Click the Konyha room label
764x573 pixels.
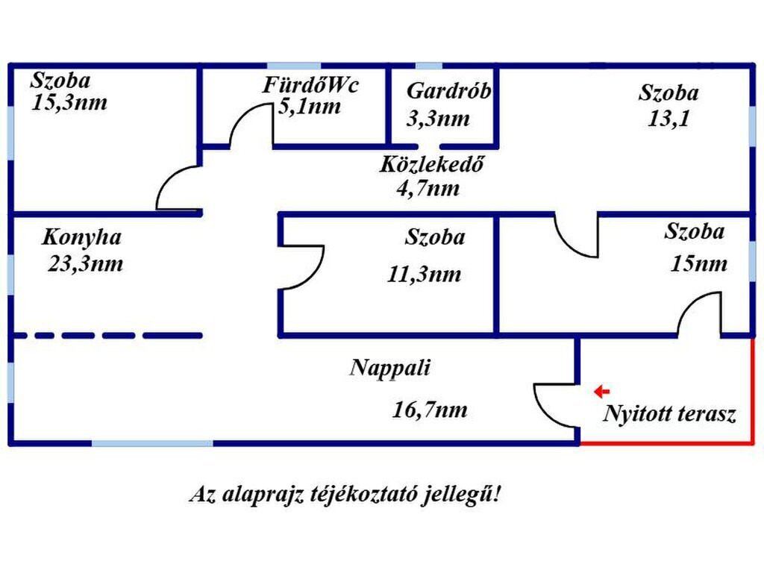pos(81,238)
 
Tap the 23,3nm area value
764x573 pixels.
pos(86,264)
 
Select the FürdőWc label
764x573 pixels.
pos(310,85)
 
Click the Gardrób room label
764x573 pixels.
pos(448,90)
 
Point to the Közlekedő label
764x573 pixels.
pos(432,164)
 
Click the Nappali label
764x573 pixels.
pos(390,369)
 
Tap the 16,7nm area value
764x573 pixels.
pos(430,410)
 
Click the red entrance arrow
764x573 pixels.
pos(602,391)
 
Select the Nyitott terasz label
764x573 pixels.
pos(669,414)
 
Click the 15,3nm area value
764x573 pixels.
pos(69,103)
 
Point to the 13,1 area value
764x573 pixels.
pos(668,119)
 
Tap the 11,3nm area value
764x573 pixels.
pos(425,275)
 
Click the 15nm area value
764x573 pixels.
pos(698,263)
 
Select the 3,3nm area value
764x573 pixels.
pos(438,119)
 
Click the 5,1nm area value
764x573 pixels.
pos(310,106)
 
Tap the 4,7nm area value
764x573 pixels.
pos(428,188)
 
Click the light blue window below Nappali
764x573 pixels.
pos(152,443)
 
